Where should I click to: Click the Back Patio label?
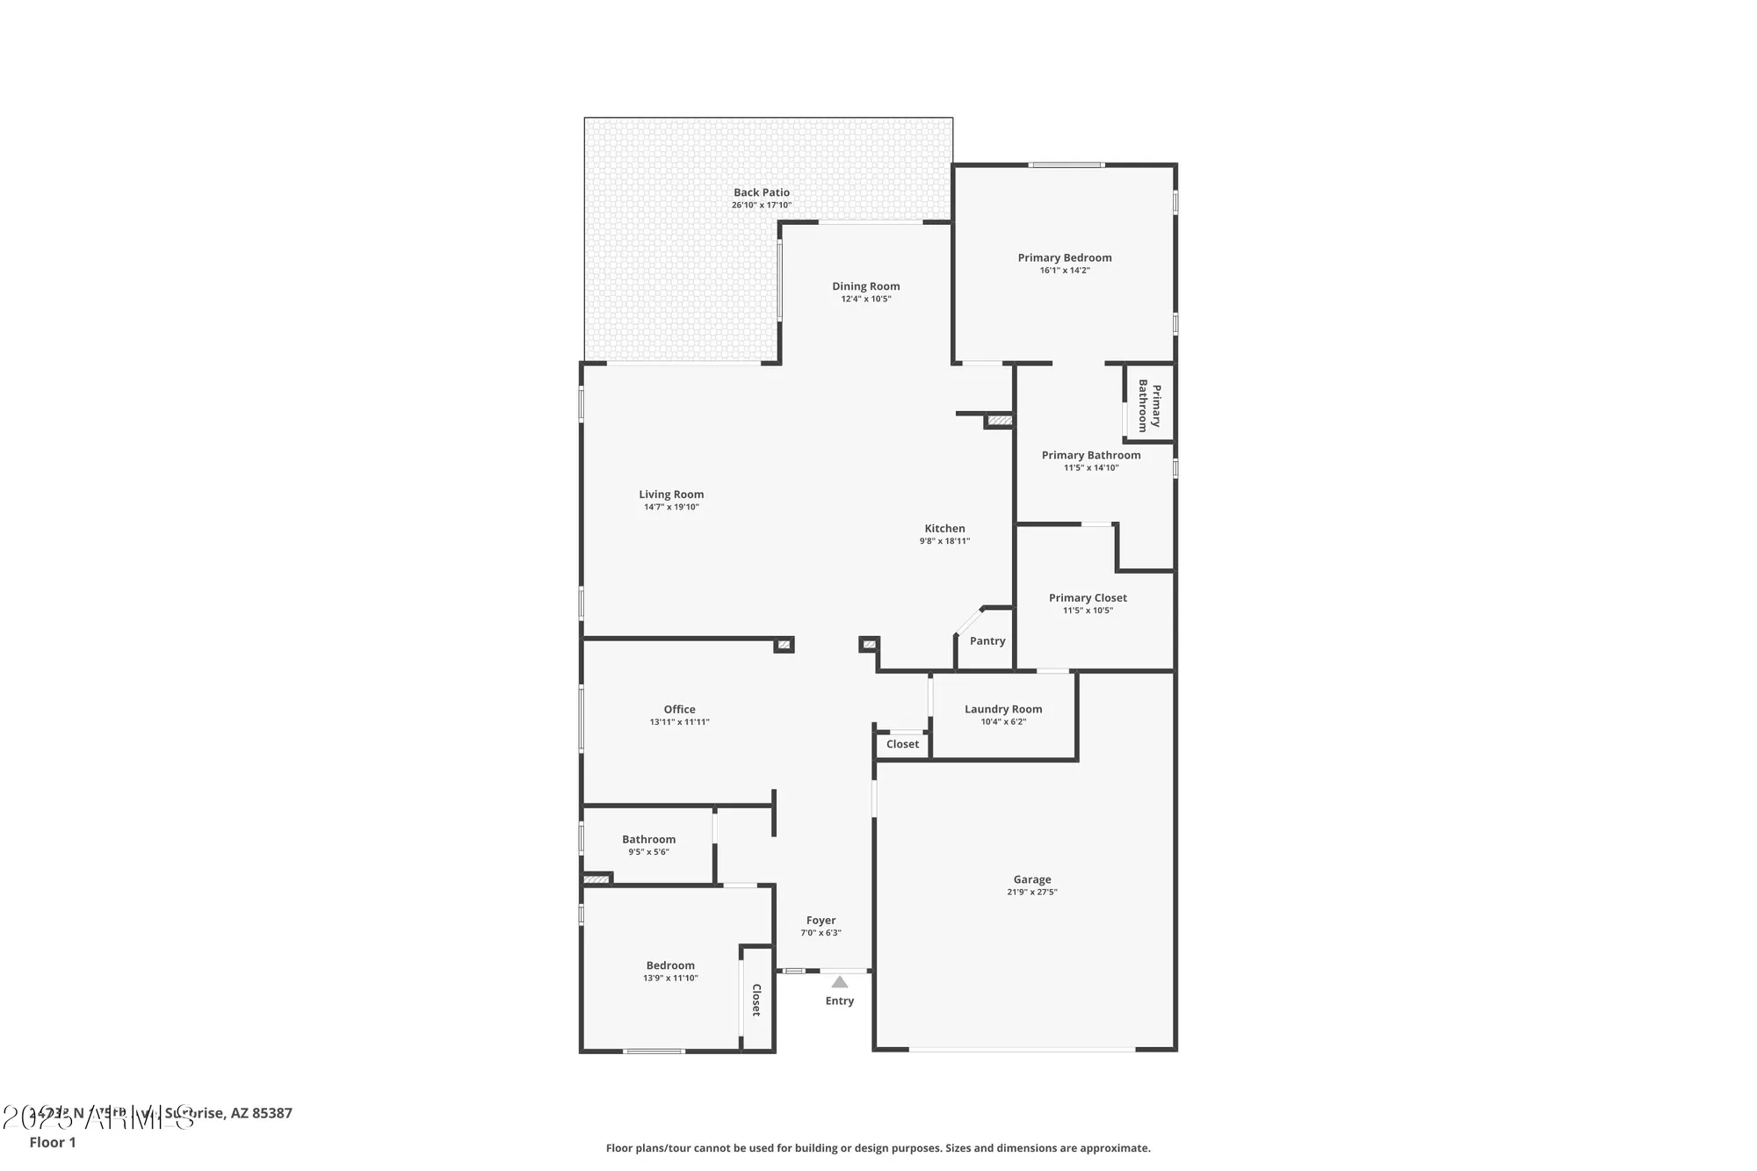click(x=762, y=192)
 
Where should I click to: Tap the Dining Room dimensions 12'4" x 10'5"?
click(x=865, y=299)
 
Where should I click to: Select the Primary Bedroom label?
click(x=1064, y=257)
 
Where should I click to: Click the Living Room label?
click(x=671, y=495)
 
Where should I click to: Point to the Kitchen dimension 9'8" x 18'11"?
click(x=944, y=541)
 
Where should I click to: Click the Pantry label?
click(x=987, y=641)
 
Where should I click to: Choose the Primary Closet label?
click(x=1087, y=598)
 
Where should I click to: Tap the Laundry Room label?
click(x=1002, y=709)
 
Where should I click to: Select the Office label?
click(x=679, y=710)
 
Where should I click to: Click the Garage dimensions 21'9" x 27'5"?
click(x=1031, y=892)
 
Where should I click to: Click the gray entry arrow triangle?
click(x=839, y=982)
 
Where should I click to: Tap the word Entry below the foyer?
click(x=839, y=1001)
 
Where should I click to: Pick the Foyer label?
click(x=821, y=921)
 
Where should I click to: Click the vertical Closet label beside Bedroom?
click(x=756, y=1000)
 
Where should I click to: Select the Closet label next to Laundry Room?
click(x=902, y=744)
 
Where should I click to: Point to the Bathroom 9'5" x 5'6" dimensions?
click(x=648, y=852)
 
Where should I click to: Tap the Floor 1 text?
click(x=53, y=1142)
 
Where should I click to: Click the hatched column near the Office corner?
click(x=784, y=645)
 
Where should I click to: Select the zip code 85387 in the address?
click(x=271, y=1113)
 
